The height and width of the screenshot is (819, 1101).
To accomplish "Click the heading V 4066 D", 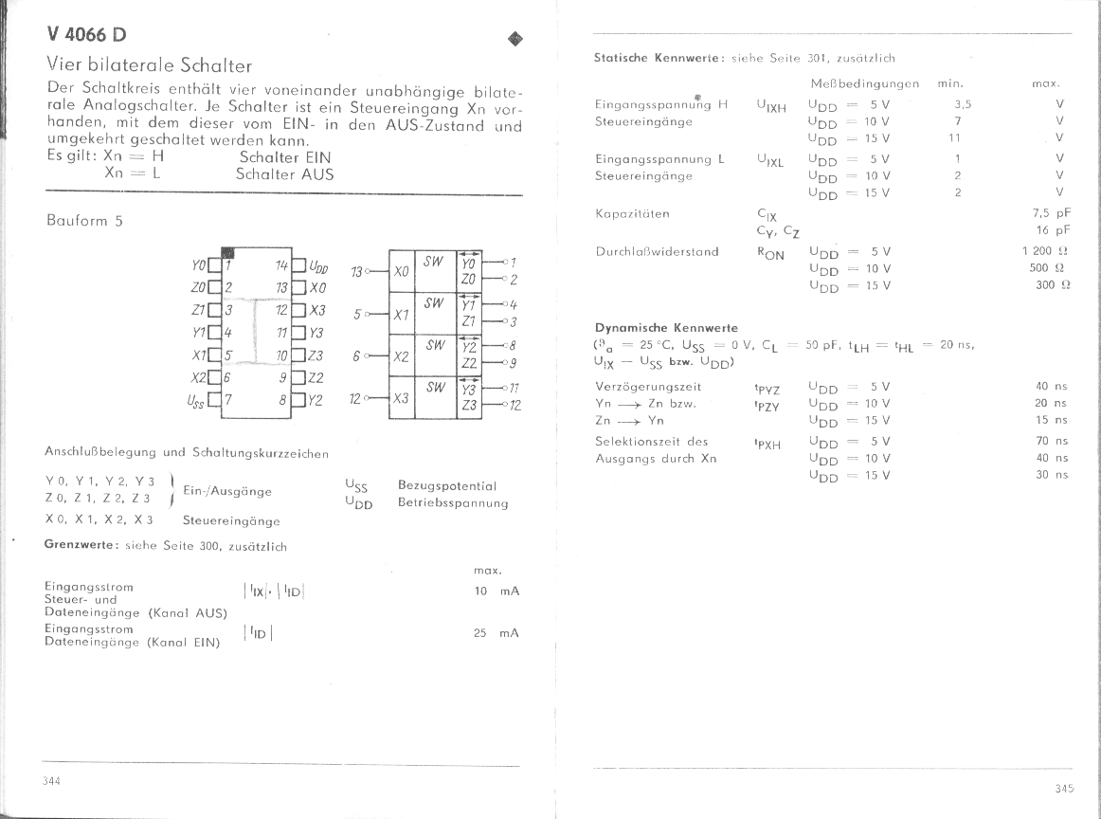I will point(86,35).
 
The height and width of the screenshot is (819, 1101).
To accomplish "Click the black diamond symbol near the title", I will point(515,39).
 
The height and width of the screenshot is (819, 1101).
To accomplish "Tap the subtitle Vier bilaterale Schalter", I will point(150,66).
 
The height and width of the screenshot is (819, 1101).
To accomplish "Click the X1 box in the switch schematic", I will point(401,315).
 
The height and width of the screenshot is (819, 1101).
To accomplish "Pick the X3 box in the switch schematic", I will point(401,398).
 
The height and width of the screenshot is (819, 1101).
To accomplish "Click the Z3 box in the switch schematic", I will point(468,406).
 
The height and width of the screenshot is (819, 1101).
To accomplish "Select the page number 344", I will point(52,780).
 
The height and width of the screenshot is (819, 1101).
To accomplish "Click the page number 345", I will point(1063,788).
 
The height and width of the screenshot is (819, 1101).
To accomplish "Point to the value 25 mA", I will point(496,633).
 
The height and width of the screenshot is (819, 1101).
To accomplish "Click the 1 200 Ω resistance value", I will point(1045,251).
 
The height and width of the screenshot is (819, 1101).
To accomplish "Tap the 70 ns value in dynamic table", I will point(1051,441).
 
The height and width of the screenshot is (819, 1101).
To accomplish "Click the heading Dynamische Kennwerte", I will point(665,328).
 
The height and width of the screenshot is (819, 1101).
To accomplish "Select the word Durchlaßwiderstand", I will point(657,251).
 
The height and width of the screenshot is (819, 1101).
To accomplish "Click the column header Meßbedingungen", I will point(864,83).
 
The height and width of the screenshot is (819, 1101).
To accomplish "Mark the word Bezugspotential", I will point(447,485).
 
